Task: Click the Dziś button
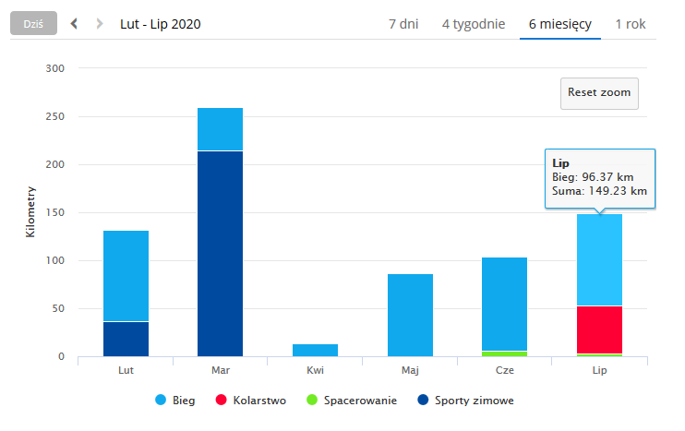pyautogui.click(x=33, y=24)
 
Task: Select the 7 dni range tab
pyautogui.click(x=403, y=24)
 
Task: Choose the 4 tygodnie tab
pyautogui.click(x=474, y=24)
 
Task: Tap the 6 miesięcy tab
pyautogui.click(x=560, y=24)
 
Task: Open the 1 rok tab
pyautogui.click(x=631, y=24)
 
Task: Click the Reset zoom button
pyautogui.click(x=600, y=92)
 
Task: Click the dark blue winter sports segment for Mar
pyautogui.click(x=221, y=254)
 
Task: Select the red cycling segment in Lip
pyautogui.click(x=599, y=329)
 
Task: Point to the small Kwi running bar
pyautogui.click(x=316, y=350)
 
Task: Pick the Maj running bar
pyautogui.click(x=411, y=315)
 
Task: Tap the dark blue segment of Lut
pyautogui.click(x=126, y=339)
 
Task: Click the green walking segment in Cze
pyautogui.click(x=505, y=353)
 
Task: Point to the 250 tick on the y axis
pyautogui.click(x=54, y=117)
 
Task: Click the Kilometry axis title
pyautogui.click(x=30, y=213)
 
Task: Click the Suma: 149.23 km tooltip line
pyautogui.click(x=598, y=191)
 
